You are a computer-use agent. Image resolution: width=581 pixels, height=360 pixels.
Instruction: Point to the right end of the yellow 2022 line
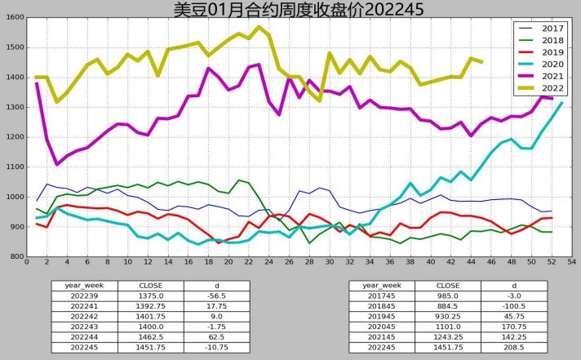[481, 62]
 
